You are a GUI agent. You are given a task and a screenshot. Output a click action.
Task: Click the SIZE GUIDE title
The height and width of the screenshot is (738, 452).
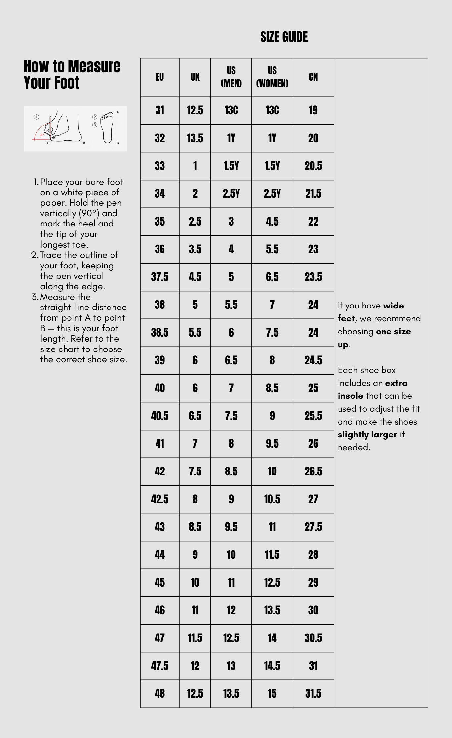pyautogui.click(x=284, y=37)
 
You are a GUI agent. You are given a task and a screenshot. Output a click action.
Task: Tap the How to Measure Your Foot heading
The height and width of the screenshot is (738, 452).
pyautogui.click(x=72, y=74)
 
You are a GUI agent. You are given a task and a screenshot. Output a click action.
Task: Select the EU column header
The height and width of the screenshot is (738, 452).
pyautogui.click(x=160, y=77)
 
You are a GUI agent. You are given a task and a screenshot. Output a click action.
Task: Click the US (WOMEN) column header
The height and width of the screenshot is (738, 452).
pyautogui.click(x=272, y=77)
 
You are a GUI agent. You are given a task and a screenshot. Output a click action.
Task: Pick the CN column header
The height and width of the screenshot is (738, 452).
pyautogui.click(x=313, y=77)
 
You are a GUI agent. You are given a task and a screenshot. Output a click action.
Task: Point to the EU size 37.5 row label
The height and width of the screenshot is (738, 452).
pyautogui.click(x=160, y=277)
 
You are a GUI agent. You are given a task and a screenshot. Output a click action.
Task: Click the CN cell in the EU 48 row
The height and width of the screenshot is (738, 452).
pyautogui.click(x=313, y=694)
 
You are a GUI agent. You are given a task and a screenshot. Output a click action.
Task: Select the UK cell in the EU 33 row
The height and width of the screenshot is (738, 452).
pyautogui.click(x=195, y=166)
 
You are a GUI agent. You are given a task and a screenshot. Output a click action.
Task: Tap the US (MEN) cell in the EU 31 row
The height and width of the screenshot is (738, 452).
pyautogui.click(x=231, y=110)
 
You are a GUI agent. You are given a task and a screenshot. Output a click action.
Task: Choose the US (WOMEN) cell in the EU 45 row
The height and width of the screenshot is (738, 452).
pyautogui.click(x=272, y=583)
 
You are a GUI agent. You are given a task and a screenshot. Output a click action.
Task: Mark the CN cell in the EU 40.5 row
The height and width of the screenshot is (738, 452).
pyautogui.click(x=313, y=416)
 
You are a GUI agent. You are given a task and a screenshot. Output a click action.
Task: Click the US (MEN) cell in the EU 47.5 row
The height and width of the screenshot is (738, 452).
pyautogui.click(x=231, y=666)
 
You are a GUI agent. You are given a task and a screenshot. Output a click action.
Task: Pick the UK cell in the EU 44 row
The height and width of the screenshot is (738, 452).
pyautogui.click(x=195, y=555)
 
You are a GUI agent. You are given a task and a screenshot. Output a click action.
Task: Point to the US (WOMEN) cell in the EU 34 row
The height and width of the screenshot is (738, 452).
pyautogui.click(x=272, y=194)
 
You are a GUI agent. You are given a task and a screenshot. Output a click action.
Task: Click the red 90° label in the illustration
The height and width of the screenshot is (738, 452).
pyautogui.click(x=42, y=135)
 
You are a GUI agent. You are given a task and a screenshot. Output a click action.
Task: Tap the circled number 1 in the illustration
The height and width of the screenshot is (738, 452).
pyautogui.click(x=37, y=117)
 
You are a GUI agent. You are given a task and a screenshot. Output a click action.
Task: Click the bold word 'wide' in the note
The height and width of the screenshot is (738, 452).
pyautogui.click(x=393, y=306)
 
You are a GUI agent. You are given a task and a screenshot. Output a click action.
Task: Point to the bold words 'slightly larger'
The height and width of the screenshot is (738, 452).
pyautogui.click(x=367, y=434)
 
